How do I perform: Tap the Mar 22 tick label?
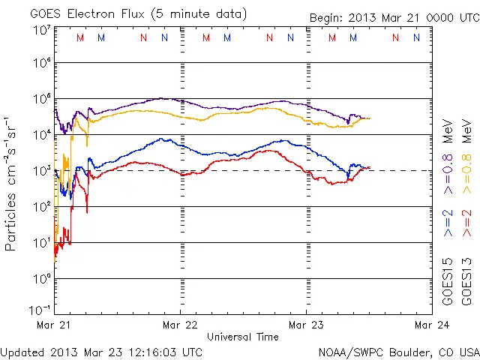(180, 325)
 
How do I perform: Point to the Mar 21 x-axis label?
(54, 325)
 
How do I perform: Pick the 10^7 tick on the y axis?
(41, 30)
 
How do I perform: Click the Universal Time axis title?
(243, 337)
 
